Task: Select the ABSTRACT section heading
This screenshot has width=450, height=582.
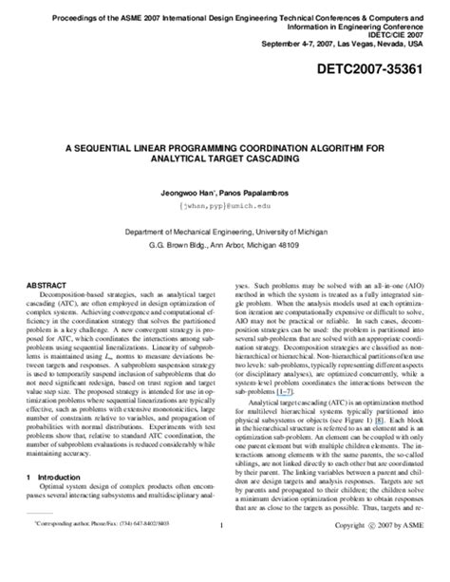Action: coord(51,283)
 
